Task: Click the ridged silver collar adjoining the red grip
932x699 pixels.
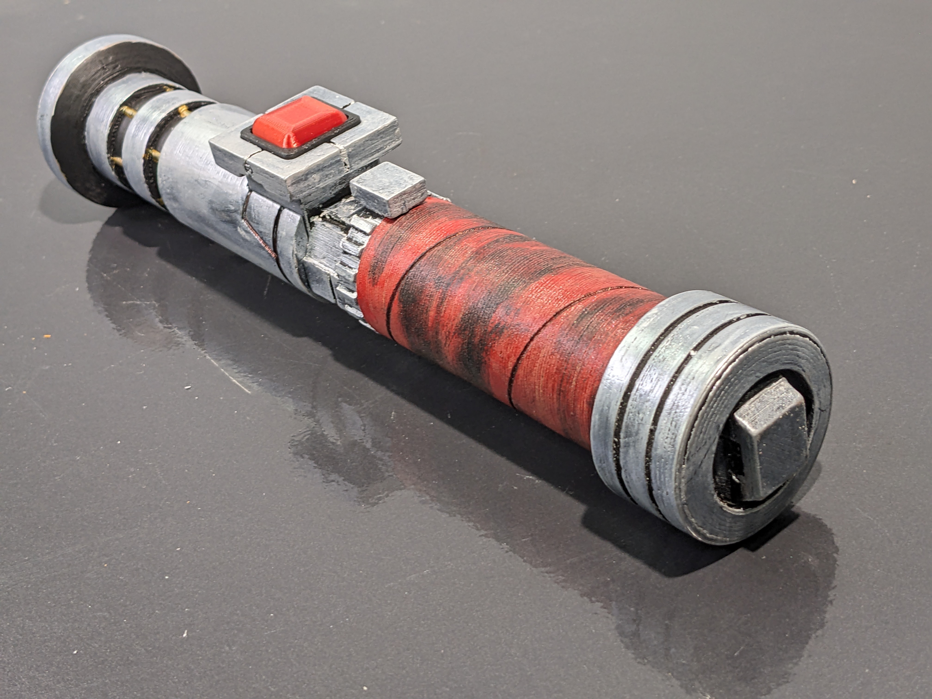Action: tap(333, 261)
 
